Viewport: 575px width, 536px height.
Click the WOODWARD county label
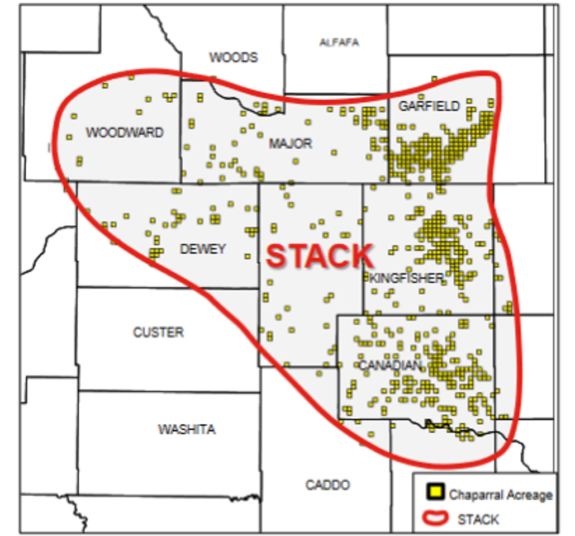[x=125, y=133]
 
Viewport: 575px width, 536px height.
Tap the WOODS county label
[x=234, y=58]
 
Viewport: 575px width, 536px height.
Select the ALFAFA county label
[x=339, y=42]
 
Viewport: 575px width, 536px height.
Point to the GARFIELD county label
[x=429, y=106]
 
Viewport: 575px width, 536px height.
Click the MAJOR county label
[x=291, y=144]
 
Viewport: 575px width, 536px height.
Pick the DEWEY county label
[x=203, y=249]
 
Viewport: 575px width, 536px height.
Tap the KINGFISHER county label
[x=406, y=278]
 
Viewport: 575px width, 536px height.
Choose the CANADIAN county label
[x=389, y=365]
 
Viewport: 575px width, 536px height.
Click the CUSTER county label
[x=158, y=333]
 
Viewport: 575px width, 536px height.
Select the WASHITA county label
[x=187, y=430]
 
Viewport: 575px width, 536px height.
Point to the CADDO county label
[x=327, y=485]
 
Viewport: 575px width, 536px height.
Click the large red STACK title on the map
[x=320, y=257]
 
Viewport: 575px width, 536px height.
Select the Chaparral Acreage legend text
[x=500, y=495]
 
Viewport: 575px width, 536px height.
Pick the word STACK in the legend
[x=478, y=519]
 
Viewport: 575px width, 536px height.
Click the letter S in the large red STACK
[x=277, y=257]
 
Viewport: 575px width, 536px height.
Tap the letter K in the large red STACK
[x=362, y=257]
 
